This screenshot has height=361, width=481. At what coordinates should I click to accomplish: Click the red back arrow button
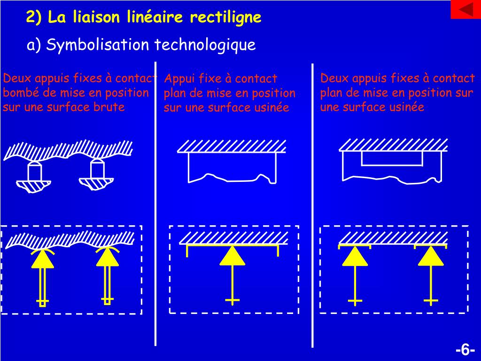(x=465, y=9)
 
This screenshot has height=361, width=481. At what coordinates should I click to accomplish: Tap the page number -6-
(x=465, y=350)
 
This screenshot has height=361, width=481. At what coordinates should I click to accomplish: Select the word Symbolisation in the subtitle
(x=98, y=45)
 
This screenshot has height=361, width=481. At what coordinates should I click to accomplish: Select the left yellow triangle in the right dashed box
(x=355, y=256)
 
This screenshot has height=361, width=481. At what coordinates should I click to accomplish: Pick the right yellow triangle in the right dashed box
(x=431, y=256)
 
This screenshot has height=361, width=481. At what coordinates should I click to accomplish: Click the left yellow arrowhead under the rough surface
(x=43, y=259)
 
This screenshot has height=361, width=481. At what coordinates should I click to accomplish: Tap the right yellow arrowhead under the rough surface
(x=107, y=257)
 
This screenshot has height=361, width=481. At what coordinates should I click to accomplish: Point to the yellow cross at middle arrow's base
(x=232, y=300)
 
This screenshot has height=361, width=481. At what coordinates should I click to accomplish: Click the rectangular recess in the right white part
(x=391, y=158)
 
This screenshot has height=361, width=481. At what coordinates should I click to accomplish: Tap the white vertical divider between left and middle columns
(x=155, y=202)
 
